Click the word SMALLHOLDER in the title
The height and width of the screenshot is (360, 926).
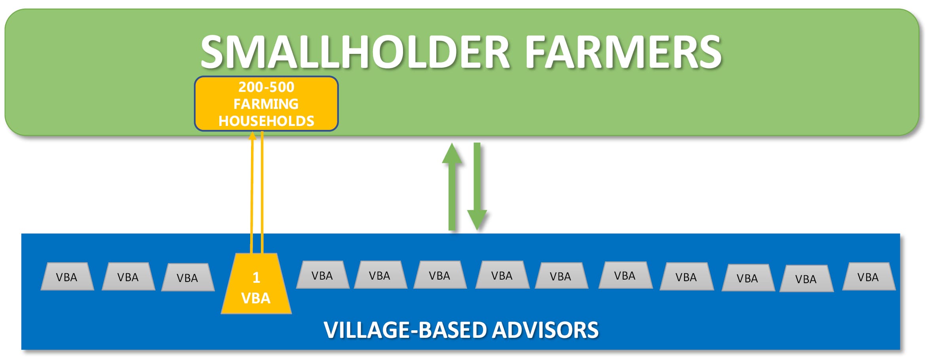pos(355,52)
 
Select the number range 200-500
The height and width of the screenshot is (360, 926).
pos(266,87)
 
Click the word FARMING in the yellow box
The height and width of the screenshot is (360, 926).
pos(266,104)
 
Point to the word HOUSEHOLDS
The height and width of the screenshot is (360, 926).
pos(266,121)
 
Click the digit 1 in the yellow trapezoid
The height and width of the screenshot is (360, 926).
pos(256,278)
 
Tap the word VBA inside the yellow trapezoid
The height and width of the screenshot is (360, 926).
pos(256,298)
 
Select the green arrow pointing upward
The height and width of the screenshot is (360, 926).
pos(452,187)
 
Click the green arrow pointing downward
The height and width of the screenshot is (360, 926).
pos(477,187)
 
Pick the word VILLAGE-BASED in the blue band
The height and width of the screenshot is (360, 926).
pos(405,330)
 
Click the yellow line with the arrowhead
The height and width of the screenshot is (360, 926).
pos(251,192)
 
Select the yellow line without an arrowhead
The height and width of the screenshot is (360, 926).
pos(262,192)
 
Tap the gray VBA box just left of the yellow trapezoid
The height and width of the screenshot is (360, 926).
pos(188,277)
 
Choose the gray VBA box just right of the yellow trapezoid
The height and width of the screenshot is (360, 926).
pos(323,275)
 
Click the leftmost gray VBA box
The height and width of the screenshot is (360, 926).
pos(67,276)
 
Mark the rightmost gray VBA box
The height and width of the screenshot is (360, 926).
pos(869,276)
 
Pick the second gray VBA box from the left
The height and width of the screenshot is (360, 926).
pos(128,276)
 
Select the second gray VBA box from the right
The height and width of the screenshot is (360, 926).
pos(806,278)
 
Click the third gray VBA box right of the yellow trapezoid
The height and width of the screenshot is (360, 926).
pos(440,275)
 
